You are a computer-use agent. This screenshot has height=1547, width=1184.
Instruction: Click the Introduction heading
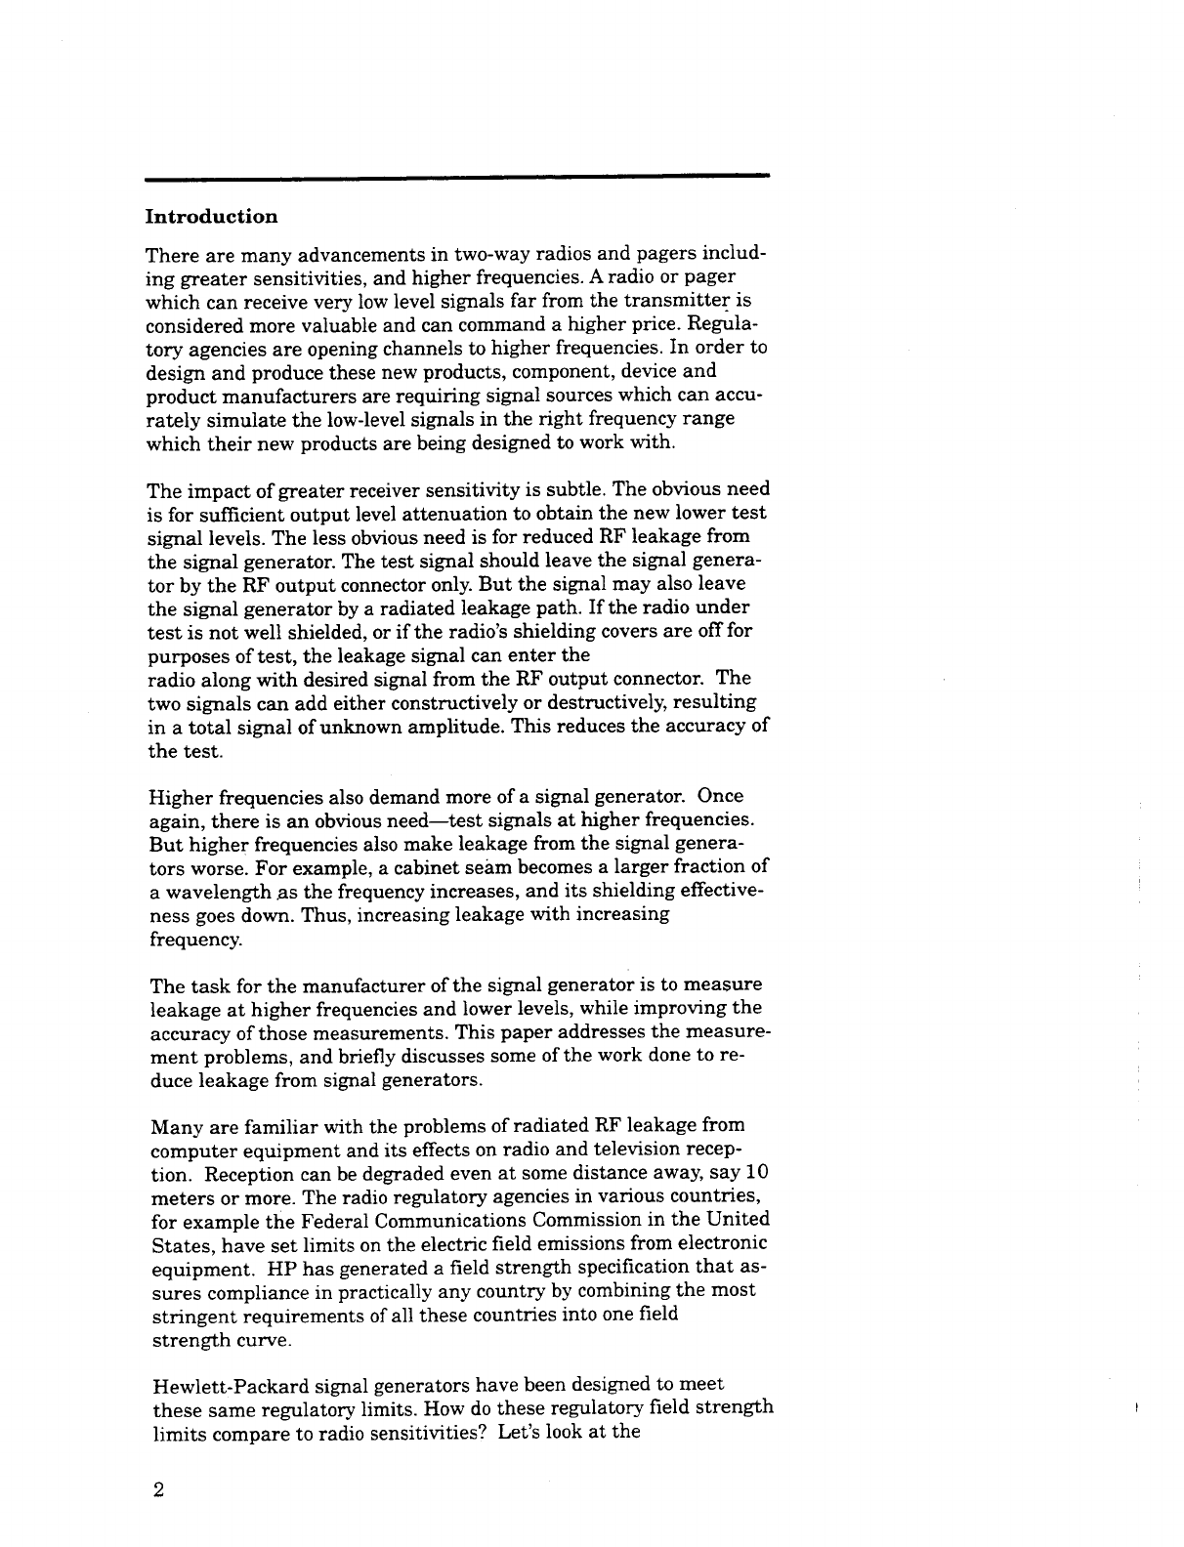coord(211,216)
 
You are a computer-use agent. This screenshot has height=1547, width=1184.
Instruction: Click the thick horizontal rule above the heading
coord(457,177)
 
